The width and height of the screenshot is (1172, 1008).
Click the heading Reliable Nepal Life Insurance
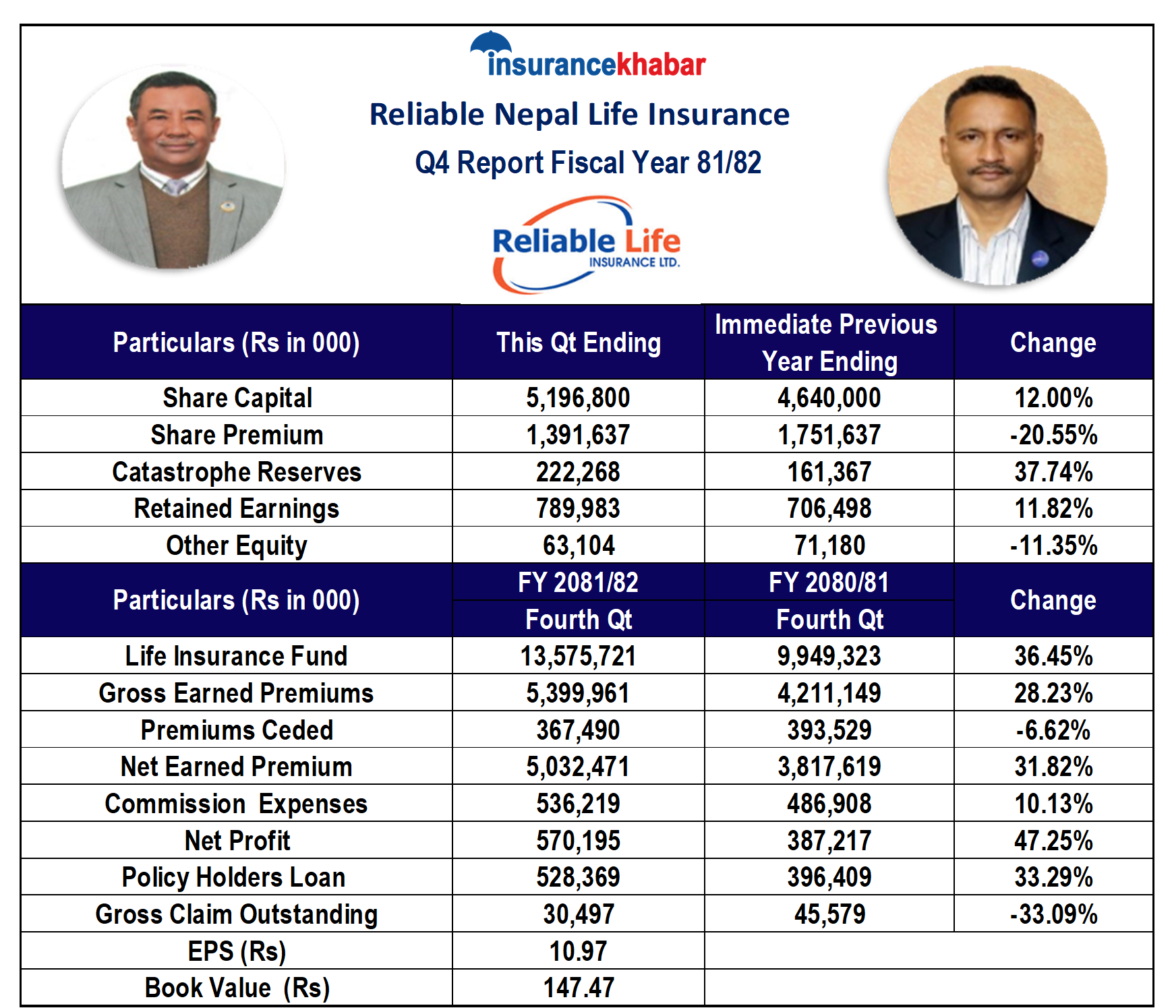pyautogui.click(x=579, y=115)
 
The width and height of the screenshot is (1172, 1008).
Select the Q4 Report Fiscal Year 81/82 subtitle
pyautogui.click(x=587, y=162)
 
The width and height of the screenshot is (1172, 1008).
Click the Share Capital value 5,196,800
pyautogui.click(x=578, y=398)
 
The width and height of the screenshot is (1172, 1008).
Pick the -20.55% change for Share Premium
pyautogui.click(x=1053, y=435)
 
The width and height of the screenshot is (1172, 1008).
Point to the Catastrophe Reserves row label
pyautogui.click(x=237, y=472)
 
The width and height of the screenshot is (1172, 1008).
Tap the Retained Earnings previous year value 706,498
pyautogui.click(x=829, y=508)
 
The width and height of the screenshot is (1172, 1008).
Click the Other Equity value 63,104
pyautogui.click(x=578, y=545)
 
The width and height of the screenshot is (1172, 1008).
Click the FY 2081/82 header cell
pyautogui.click(x=578, y=583)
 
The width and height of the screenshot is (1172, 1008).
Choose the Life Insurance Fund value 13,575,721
pyautogui.click(x=578, y=656)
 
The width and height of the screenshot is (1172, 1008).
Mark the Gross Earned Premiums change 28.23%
pyautogui.click(x=1053, y=693)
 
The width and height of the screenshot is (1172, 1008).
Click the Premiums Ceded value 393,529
pyautogui.click(x=829, y=730)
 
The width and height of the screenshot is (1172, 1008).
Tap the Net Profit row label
pyautogui.click(x=237, y=841)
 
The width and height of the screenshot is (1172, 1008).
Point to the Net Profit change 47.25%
pyautogui.click(x=1053, y=841)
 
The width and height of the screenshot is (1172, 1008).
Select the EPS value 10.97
pyautogui.click(x=578, y=951)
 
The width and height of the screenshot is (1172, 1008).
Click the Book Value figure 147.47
pyautogui.click(x=578, y=988)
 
